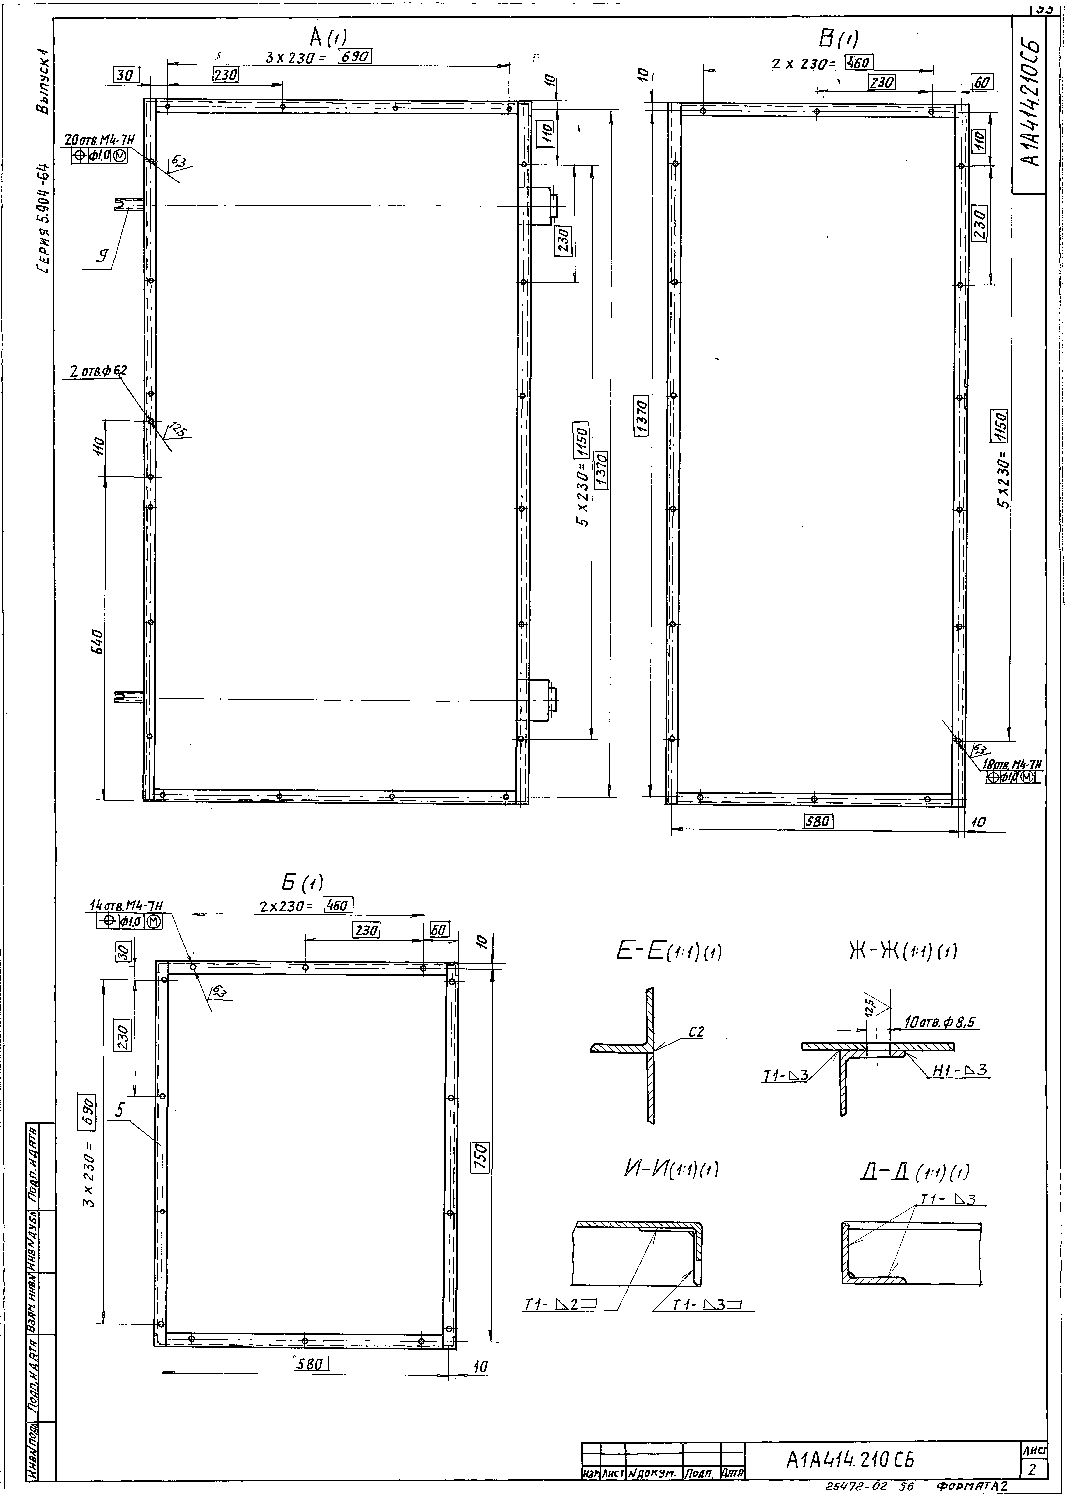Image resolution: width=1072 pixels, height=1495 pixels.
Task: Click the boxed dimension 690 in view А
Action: (x=355, y=57)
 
